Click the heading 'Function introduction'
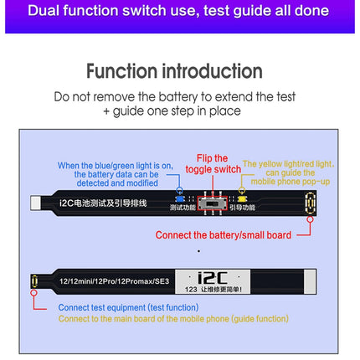click(x=176, y=71)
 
